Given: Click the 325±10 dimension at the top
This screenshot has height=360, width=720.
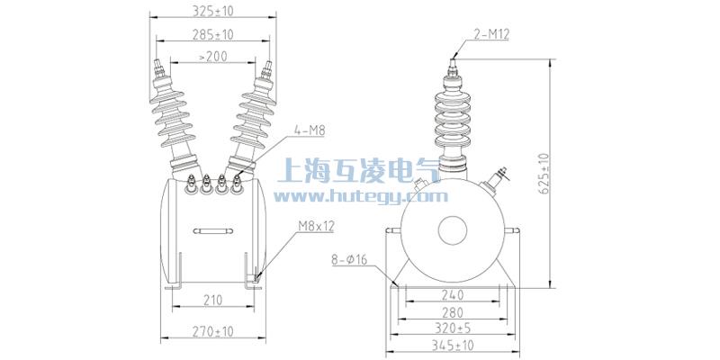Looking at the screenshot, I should (213, 12).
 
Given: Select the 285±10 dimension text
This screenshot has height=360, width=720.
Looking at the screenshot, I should (213, 34).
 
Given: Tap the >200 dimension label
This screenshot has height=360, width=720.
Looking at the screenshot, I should (212, 56).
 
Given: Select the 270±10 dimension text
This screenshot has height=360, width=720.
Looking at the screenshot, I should (213, 331).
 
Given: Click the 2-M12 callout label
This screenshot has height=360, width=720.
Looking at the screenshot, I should (491, 35).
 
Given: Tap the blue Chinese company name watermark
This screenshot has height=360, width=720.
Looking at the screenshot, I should (360, 170).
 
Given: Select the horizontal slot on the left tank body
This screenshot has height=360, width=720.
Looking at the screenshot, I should (214, 232).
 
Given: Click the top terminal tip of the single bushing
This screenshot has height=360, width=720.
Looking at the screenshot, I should (454, 65).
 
